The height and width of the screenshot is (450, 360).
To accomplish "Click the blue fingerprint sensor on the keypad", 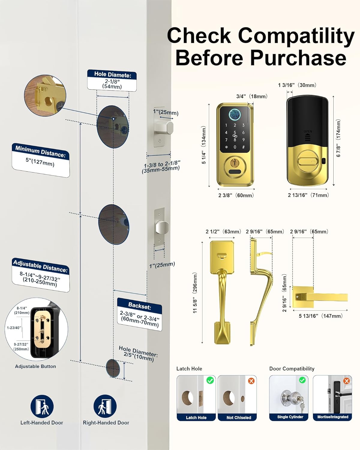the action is coord(235,114).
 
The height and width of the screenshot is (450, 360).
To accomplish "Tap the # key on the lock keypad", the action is coord(243,147).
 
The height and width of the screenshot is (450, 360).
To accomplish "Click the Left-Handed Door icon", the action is coord(42,406).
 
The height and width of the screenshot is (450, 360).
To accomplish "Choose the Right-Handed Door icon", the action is coord(105,406).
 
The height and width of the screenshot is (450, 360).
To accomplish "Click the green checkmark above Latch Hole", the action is coord(210,380).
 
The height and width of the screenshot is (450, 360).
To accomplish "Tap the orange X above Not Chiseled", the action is coord(251,381).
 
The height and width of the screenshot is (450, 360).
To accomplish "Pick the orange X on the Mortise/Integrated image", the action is coord(346,381).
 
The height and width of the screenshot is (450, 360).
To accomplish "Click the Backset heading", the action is coord(139,306).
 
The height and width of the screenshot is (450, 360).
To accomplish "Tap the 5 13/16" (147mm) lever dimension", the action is coord(320,316).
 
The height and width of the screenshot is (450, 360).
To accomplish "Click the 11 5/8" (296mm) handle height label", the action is coord(195,292).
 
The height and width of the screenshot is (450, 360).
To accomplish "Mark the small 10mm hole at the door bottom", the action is coord(112,368).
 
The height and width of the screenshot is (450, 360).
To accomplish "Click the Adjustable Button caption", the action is coord(35,366).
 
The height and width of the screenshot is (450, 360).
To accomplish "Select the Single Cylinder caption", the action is coord(290,417).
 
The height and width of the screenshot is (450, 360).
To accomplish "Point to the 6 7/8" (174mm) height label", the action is coord(338,138).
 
